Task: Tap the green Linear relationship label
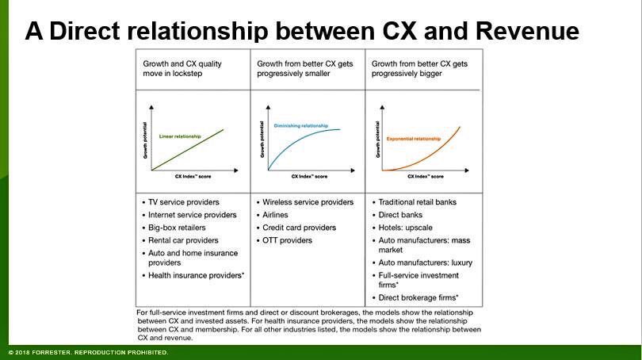coord(180,136)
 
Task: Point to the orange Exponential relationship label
coord(413,139)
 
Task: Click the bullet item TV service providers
coord(184,202)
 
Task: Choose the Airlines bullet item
coord(275,215)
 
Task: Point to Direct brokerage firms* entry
coord(419,297)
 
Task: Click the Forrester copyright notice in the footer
coord(87,352)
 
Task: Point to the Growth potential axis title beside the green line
coord(146,143)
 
